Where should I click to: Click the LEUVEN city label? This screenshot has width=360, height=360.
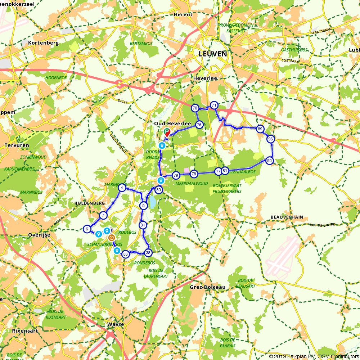[x=213, y=54]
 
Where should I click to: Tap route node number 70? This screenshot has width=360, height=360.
[x=195, y=108]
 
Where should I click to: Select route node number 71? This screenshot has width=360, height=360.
[x=214, y=105]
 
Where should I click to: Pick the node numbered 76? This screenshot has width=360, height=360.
[x=199, y=125]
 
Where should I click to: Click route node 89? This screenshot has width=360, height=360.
[x=260, y=129]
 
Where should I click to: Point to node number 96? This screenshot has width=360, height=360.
[x=271, y=139]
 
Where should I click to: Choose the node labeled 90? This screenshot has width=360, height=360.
[x=269, y=161]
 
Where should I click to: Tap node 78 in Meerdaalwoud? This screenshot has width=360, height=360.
[x=194, y=174]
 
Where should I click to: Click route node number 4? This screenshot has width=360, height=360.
[x=122, y=188]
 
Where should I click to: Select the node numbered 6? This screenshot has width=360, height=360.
[x=87, y=229]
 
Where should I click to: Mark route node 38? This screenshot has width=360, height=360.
[x=148, y=253]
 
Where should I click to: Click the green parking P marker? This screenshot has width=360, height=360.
[x=167, y=132]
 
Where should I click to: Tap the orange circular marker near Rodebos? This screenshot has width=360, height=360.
[x=111, y=238]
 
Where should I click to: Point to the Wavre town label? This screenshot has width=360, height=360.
[x=116, y=324]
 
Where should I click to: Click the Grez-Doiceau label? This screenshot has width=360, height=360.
[x=207, y=287]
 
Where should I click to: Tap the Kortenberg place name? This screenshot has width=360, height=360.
[x=43, y=42]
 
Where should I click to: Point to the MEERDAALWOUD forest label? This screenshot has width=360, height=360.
[x=191, y=184]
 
